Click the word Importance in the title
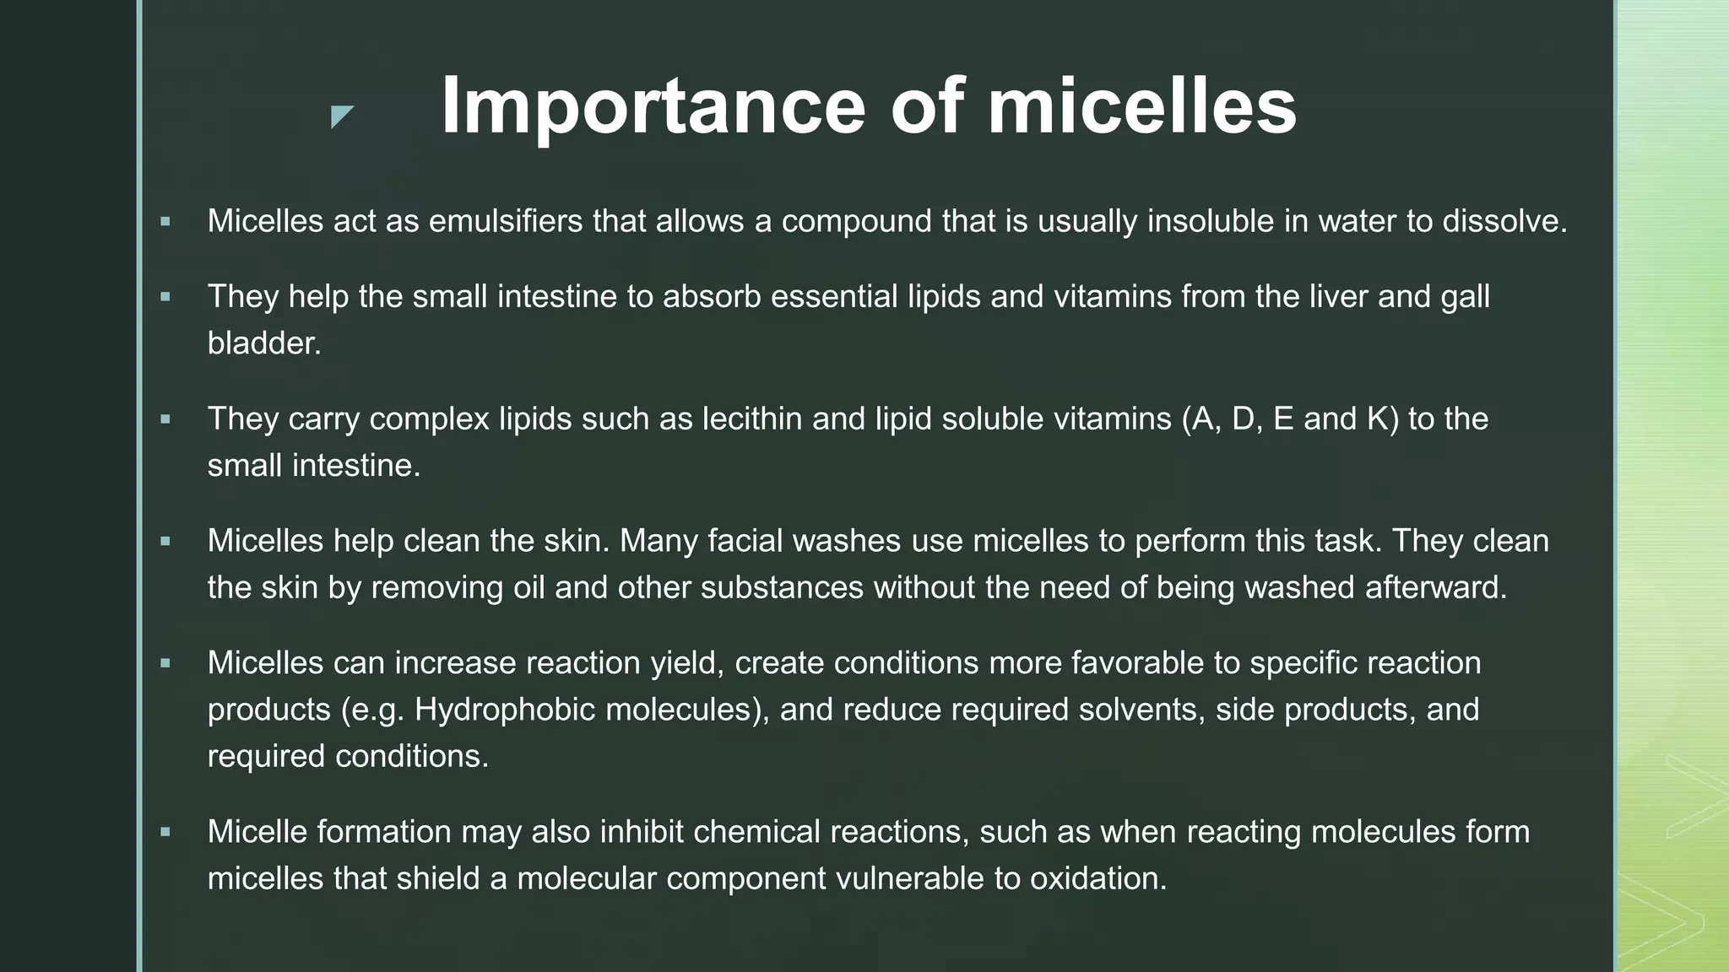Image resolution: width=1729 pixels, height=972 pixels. [652, 106]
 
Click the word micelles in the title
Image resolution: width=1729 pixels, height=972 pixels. [1141, 106]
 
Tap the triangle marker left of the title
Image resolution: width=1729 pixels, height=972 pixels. [341, 116]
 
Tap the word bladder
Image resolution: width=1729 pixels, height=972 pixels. [263, 343]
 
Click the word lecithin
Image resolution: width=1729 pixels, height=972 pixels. [752, 418]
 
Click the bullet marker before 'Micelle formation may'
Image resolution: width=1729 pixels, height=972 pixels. [165, 833]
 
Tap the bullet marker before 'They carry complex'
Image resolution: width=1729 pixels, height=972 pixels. [165, 419]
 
